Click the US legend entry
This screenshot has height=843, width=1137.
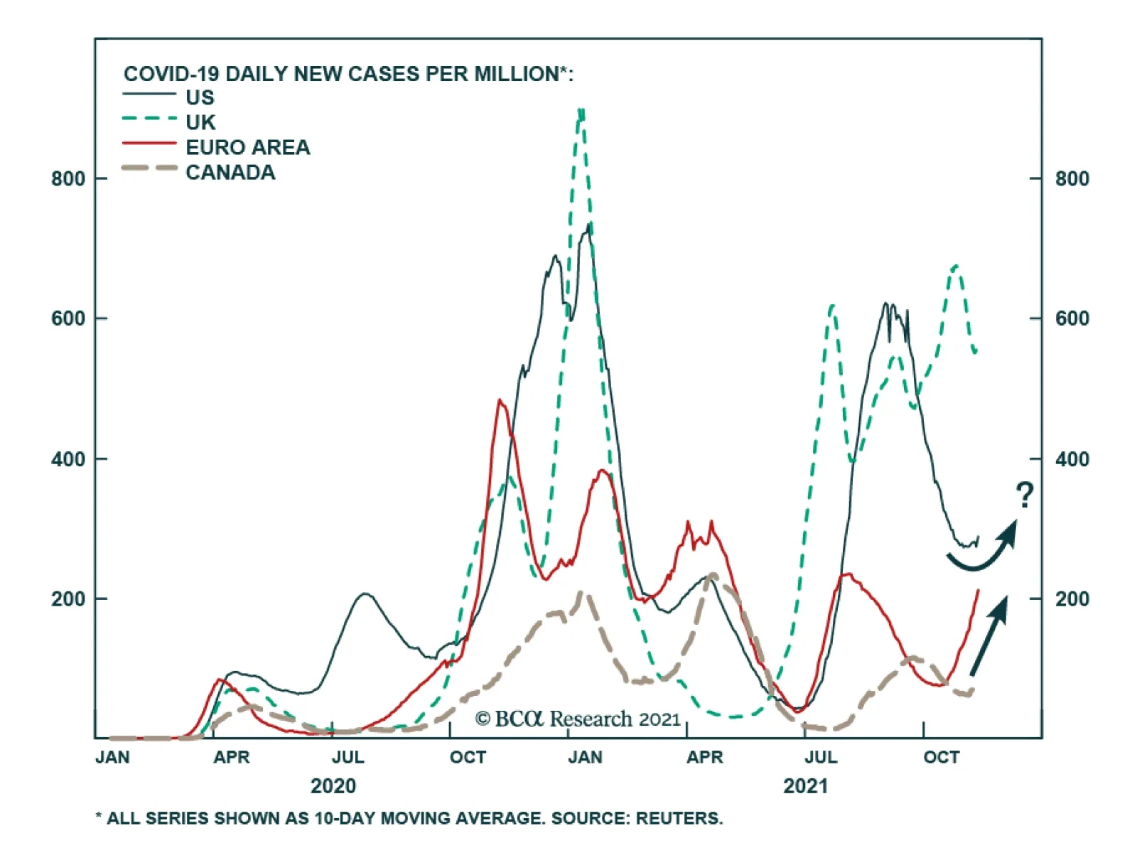pos(200,97)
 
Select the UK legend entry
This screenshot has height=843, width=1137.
pos(200,122)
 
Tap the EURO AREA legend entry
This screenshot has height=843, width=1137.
pos(247,147)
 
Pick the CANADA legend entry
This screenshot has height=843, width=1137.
pos(230,172)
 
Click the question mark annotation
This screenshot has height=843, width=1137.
pos(1024,495)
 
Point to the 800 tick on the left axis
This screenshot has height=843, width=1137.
pos(68,178)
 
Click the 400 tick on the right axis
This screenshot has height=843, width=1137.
pos(1072,459)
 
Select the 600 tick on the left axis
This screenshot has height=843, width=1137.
pos(68,318)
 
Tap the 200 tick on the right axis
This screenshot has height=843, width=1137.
pos(1072,599)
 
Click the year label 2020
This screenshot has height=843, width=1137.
pos(333,786)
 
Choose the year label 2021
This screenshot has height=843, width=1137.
pos(805,786)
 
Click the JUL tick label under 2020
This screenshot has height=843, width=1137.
pos(347,758)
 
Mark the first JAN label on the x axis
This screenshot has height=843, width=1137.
pos(112,758)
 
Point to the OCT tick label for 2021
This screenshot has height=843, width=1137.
pos(941,758)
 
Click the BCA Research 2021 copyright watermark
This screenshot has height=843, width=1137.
pos(578,719)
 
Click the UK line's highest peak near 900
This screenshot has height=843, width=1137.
pos(581,112)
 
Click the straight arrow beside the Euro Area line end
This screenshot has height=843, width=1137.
pos(989,635)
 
